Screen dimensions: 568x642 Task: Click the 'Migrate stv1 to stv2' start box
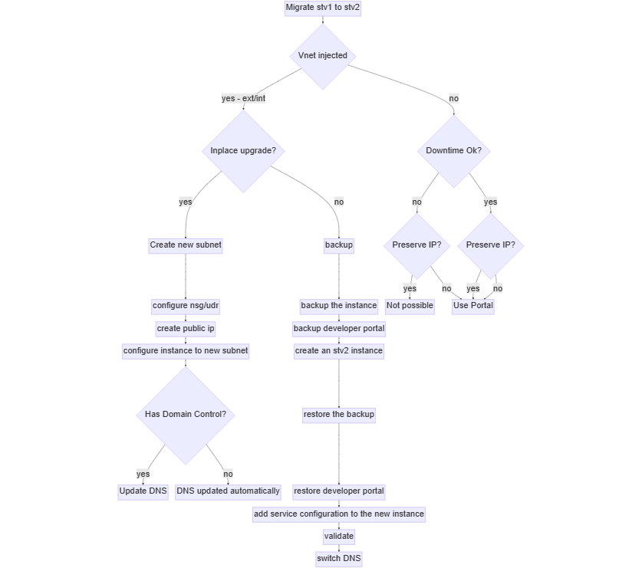click(322, 8)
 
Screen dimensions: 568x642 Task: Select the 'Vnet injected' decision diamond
click(322, 56)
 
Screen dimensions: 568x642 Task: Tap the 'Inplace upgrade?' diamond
click(243, 151)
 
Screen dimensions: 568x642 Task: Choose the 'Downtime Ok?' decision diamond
click(454, 151)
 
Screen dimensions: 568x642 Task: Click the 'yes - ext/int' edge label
click(243, 99)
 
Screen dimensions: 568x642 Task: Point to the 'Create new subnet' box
click(186, 245)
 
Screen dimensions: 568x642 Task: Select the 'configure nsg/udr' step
click(186, 306)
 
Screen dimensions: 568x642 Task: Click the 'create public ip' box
click(186, 329)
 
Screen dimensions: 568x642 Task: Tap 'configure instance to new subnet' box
click(186, 351)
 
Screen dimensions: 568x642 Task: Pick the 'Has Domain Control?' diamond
click(186, 415)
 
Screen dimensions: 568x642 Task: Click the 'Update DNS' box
click(143, 491)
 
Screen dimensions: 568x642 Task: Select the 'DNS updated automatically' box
click(229, 491)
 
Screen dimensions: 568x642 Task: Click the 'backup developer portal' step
click(339, 329)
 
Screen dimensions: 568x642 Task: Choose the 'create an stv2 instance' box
click(339, 351)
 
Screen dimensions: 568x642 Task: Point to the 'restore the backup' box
click(339, 415)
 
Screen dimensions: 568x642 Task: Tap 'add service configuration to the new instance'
click(339, 514)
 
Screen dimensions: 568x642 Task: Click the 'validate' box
click(339, 537)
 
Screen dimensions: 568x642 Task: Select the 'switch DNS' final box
click(339, 559)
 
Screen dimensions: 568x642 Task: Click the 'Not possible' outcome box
click(410, 306)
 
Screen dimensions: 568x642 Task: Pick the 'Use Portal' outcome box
click(473, 306)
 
